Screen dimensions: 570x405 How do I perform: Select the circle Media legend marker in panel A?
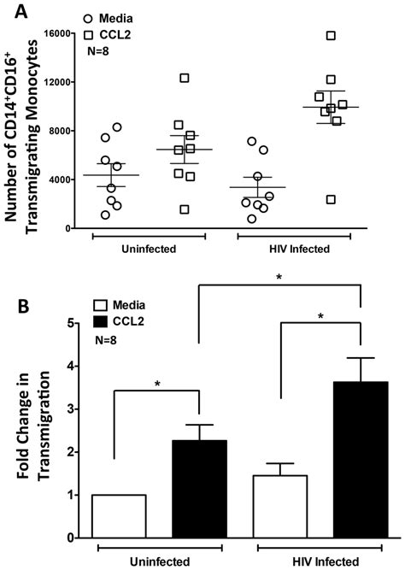click(x=99, y=18)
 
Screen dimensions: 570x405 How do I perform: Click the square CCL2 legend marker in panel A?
click(x=99, y=33)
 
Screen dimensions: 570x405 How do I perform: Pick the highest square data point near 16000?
click(x=331, y=35)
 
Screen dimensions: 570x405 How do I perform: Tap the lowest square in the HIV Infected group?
click(x=331, y=199)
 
